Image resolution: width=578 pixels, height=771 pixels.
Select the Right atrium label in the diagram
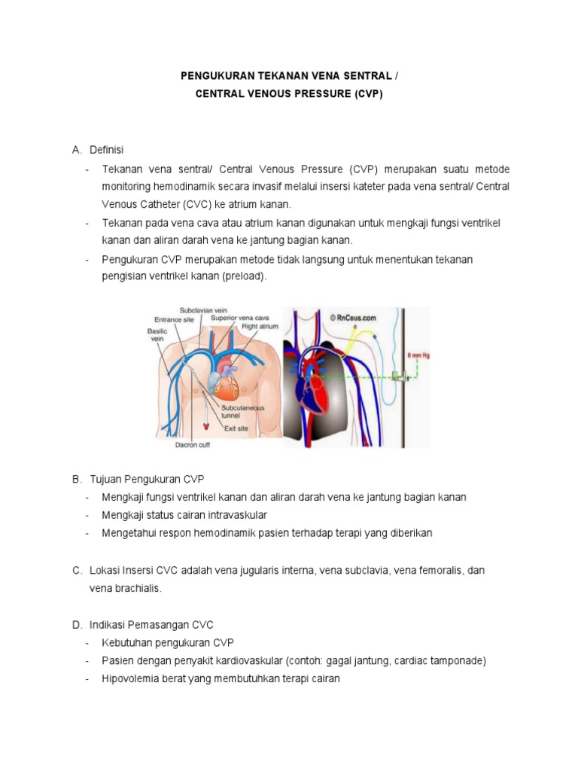tap(260, 328)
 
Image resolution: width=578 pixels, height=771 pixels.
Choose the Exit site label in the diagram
tap(236, 428)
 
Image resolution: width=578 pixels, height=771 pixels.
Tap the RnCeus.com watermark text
tap(354, 317)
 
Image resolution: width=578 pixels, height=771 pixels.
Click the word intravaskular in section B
tap(234, 515)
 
